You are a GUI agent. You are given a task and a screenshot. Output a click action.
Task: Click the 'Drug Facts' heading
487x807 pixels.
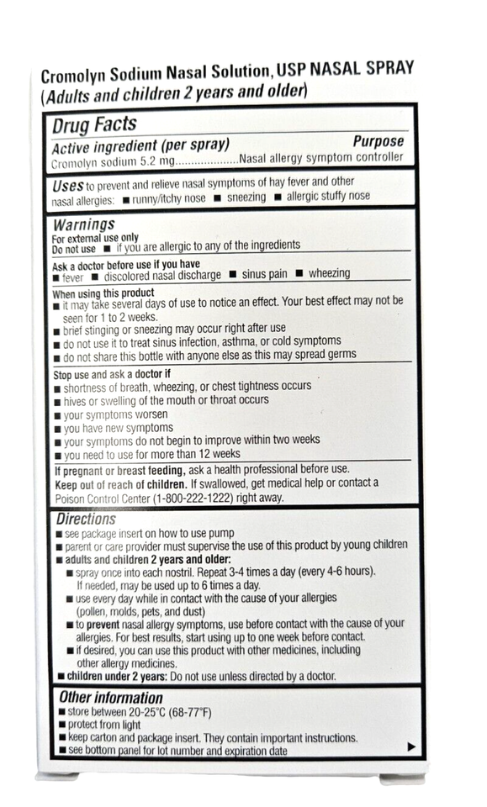click(94, 124)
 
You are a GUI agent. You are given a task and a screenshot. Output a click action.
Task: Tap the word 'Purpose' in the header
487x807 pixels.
click(378, 141)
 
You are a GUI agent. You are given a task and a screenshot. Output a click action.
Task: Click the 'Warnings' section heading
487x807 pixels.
click(84, 224)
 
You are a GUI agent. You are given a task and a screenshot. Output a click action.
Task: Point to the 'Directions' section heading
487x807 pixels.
click(86, 519)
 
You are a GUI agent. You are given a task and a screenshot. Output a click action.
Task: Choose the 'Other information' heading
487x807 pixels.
click(111, 697)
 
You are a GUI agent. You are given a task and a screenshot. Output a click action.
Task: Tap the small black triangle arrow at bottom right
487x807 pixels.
click(411, 746)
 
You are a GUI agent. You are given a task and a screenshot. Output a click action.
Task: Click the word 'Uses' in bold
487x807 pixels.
click(67, 184)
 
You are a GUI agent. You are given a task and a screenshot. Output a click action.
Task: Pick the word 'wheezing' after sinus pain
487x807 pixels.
click(329, 274)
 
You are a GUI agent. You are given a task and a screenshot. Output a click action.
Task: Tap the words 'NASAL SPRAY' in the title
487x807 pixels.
click(369, 67)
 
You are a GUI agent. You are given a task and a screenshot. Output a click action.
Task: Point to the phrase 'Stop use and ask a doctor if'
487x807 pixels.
click(112, 374)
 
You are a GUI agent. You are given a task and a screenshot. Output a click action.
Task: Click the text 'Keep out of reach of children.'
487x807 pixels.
click(121, 483)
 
